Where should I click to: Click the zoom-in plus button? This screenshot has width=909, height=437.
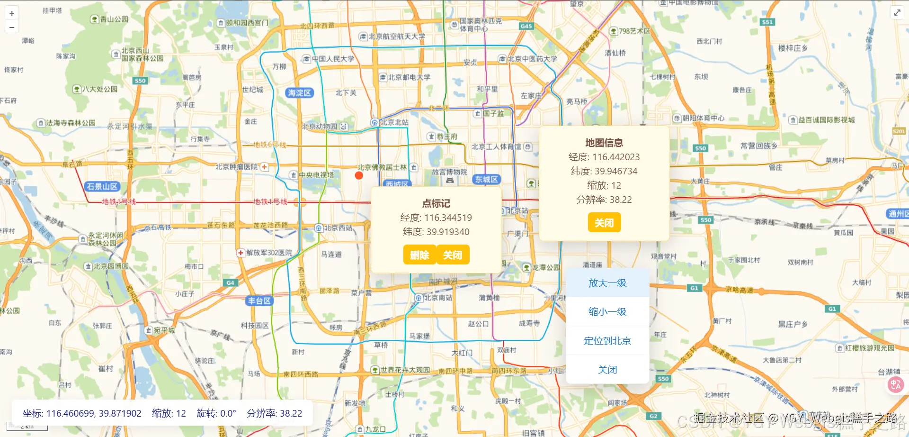(x=12, y=13)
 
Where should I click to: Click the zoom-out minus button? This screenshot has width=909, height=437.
(x=12, y=27)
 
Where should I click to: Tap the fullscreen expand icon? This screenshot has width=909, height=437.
(x=897, y=13)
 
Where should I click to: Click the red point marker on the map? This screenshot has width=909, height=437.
(x=359, y=175)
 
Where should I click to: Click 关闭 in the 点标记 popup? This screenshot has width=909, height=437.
(x=453, y=255)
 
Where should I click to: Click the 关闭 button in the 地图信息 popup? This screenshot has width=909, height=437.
(x=604, y=223)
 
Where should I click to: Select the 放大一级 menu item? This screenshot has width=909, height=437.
(x=607, y=283)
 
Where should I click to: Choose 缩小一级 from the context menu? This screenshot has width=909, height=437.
(x=607, y=312)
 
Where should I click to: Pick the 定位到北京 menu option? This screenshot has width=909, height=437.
(x=607, y=341)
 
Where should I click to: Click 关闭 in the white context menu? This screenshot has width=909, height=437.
(x=607, y=370)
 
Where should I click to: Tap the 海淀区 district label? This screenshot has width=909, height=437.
(x=299, y=93)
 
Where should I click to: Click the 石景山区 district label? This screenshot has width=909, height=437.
(x=102, y=187)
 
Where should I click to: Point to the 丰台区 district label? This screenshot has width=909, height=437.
(x=259, y=301)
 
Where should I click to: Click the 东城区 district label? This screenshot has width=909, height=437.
(x=486, y=180)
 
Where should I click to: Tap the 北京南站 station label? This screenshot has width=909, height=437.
(x=434, y=298)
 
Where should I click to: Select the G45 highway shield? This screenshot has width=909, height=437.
(x=526, y=26)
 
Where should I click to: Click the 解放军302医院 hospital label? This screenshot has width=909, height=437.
(x=265, y=253)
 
